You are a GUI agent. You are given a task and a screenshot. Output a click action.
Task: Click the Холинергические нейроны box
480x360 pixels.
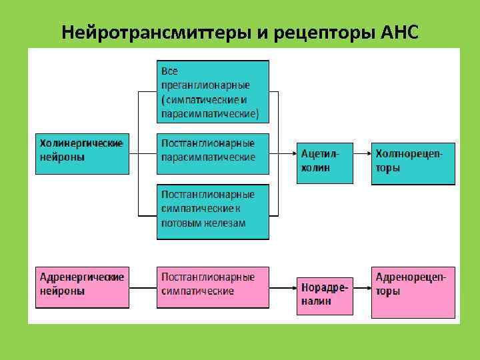82,153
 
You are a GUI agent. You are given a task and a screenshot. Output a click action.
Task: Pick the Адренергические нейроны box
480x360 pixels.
82,287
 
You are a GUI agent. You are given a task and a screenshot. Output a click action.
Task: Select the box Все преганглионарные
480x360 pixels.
213,92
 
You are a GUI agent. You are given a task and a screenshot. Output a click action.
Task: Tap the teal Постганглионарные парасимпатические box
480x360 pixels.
213,153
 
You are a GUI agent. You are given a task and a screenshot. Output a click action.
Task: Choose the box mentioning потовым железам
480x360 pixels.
213,211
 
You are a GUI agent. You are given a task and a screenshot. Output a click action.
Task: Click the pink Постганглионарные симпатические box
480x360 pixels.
213,287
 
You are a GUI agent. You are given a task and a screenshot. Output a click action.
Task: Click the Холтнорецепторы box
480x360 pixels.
413,163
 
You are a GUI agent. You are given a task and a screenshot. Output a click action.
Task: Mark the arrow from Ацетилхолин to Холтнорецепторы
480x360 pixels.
361,153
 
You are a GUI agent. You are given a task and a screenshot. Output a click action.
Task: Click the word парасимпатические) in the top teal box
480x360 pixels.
209,114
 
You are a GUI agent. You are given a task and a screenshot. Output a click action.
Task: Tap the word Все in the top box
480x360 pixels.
169,71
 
